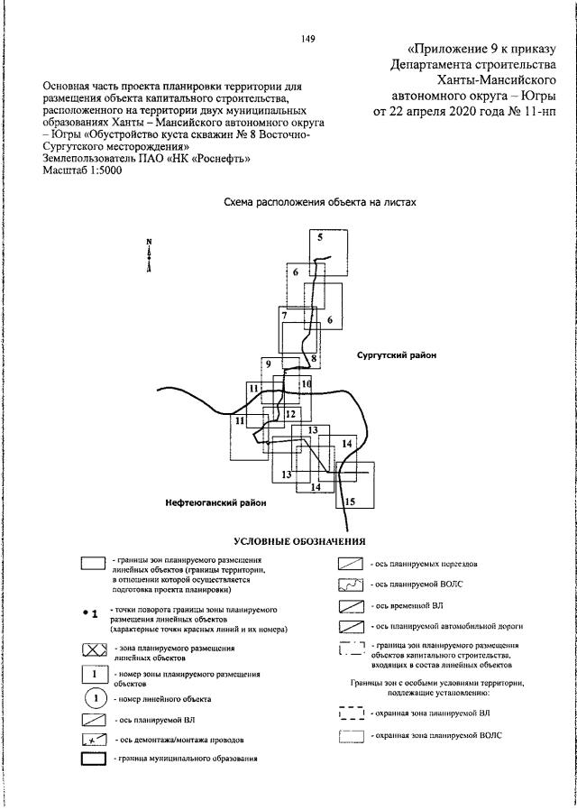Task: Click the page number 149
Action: pos(307,38)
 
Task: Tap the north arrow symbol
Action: pos(149,256)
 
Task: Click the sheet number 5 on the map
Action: pos(319,237)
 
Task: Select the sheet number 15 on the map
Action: pos(351,502)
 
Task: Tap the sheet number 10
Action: pos(306,384)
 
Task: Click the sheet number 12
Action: pos(290,414)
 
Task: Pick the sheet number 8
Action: pos(314,358)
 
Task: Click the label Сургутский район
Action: pos(396,355)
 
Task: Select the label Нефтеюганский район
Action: pos(215,502)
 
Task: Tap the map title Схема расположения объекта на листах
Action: pos(320,203)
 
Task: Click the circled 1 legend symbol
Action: pos(95,699)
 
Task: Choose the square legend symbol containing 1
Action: pos(95,675)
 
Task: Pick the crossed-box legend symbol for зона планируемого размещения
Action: pos(95,650)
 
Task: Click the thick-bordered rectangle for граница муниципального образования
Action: pos(95,758)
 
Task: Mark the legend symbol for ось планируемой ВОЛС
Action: pos(351,586)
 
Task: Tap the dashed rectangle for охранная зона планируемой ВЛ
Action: pos(351,713)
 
